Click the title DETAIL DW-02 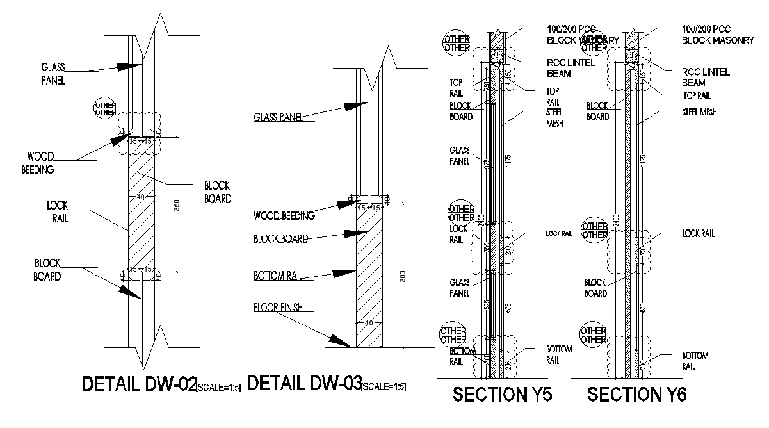(x=138, y=384)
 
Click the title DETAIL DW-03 (x=304, y=384)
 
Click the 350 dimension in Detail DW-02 (x=177, y=204)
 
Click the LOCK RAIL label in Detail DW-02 (x=57, y=212)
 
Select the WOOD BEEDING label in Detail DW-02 (x=40, y=163)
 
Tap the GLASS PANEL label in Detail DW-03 (x=278, y=117)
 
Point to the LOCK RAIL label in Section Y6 (x=698, y=234)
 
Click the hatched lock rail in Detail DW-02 (x=142, y=205)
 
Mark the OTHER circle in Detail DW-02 (x=106, y=108)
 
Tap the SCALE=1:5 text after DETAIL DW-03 (x=384, y=387)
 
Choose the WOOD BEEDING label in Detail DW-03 (x=284, y=216)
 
